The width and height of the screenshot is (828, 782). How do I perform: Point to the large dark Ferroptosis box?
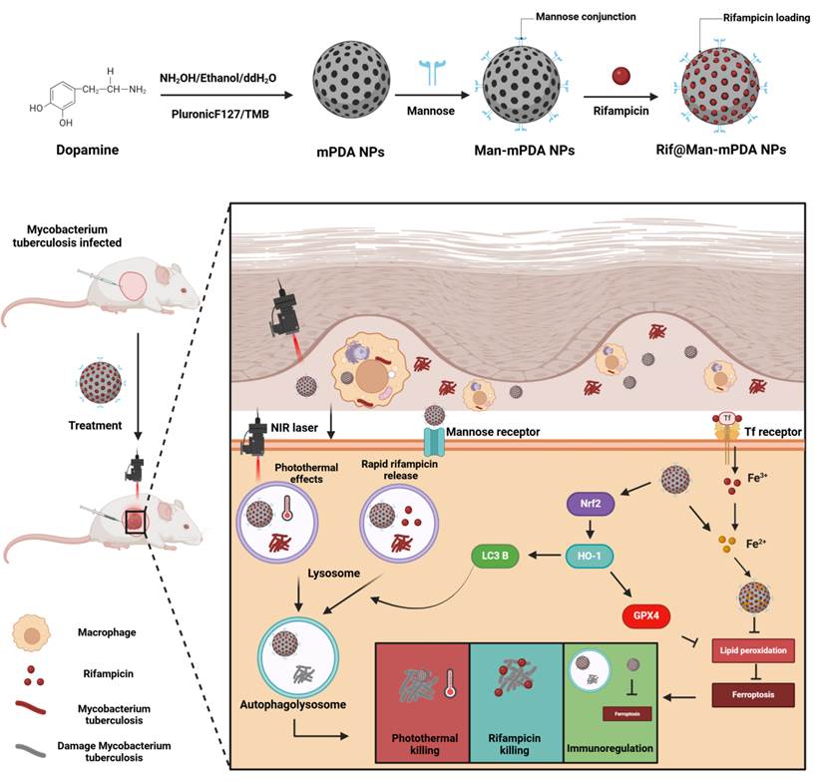click(x=752, y=690)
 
